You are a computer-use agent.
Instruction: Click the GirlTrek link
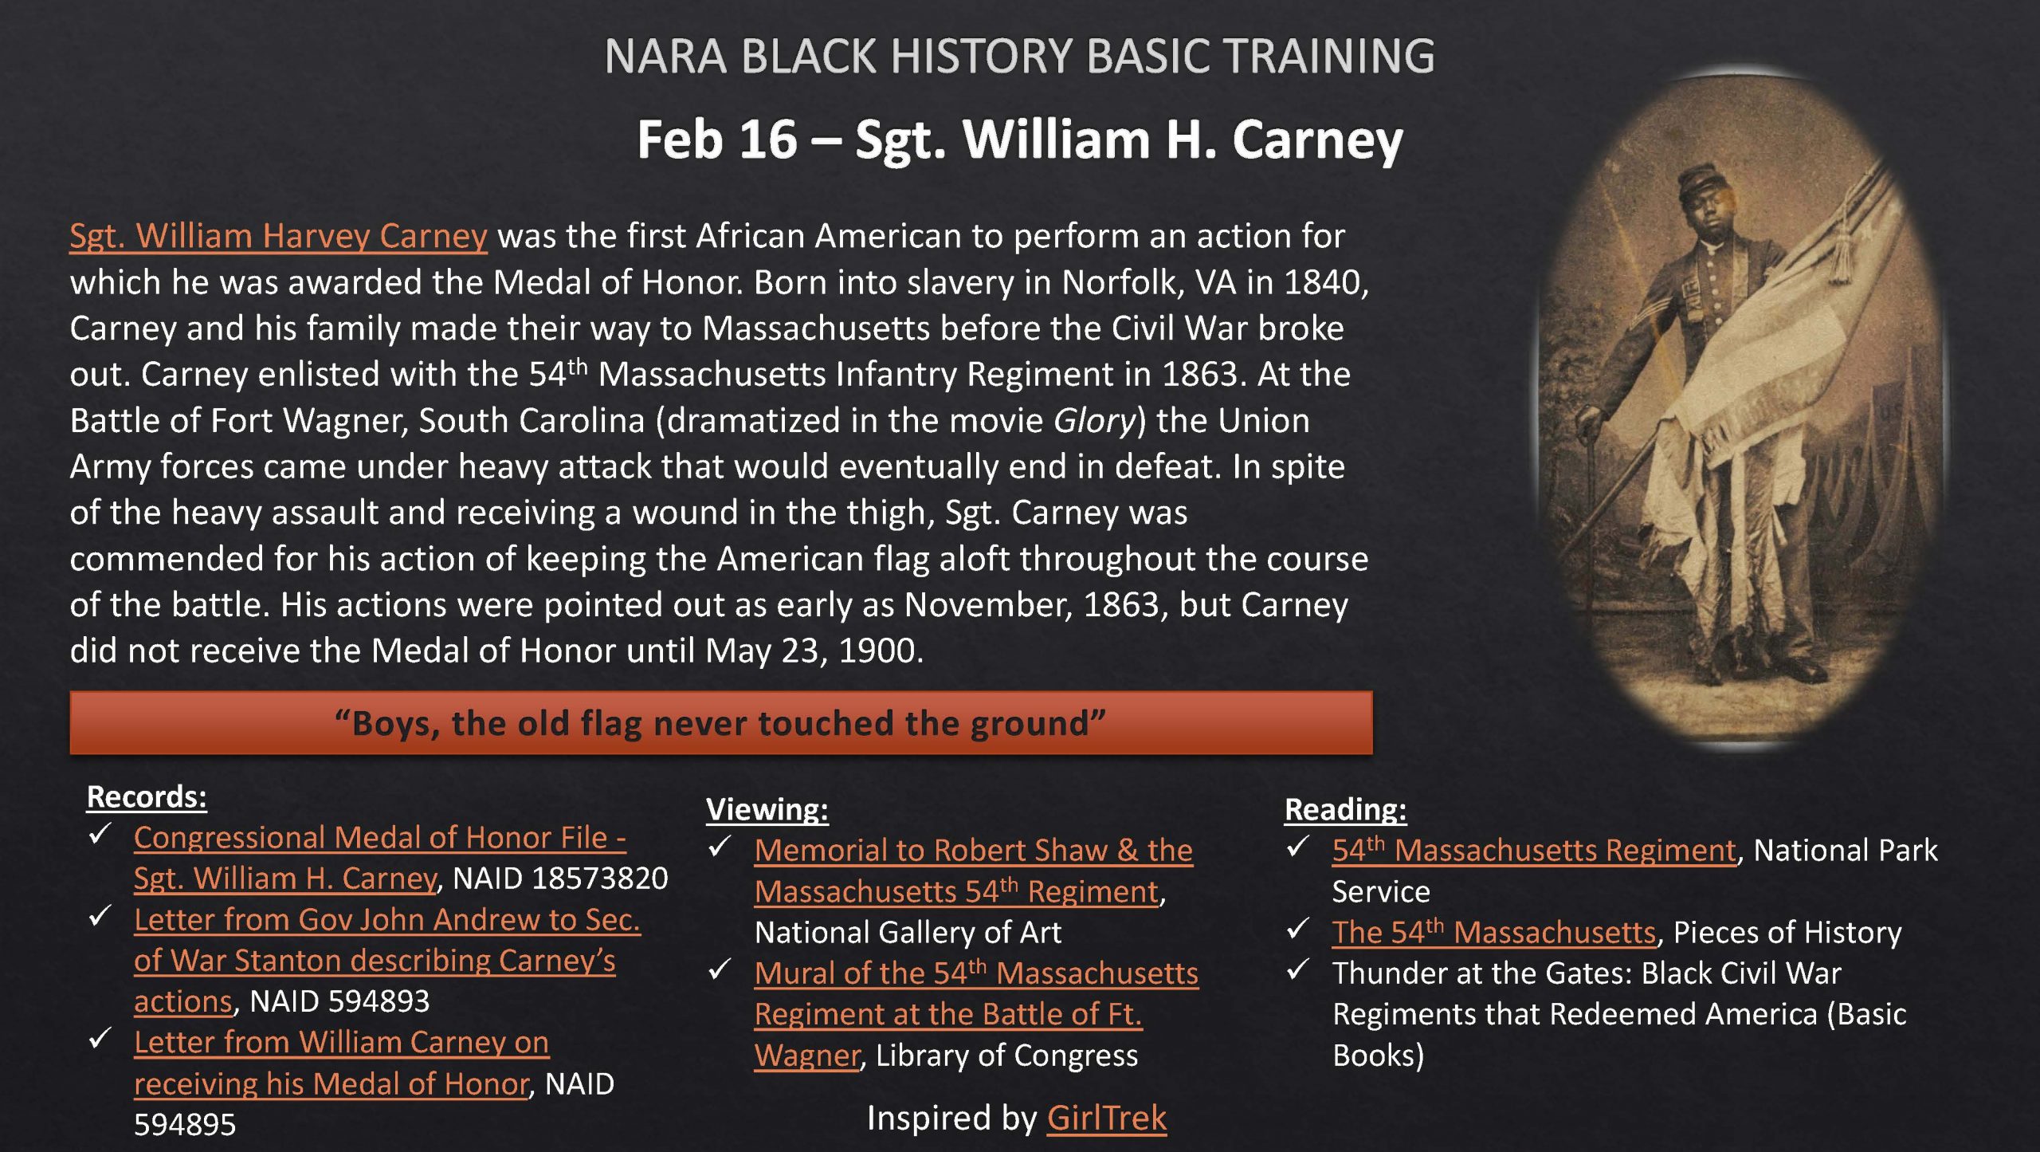[1106, 1118]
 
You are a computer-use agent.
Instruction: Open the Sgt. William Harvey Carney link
[278, 236]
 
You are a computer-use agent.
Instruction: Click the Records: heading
[147, 796]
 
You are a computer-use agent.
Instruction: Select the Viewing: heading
[767, 809]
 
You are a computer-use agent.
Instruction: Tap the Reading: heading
[1345, 809]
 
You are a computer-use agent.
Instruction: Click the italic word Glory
[1094, 420]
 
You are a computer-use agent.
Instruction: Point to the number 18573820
[600, 878]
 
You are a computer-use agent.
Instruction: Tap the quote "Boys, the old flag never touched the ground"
[720, 723]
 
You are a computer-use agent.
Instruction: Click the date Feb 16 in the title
[716, 140]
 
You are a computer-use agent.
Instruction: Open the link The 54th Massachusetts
[1493, 932]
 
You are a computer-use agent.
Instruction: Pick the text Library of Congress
[1006, 1055]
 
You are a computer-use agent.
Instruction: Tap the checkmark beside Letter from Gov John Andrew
[100, 916]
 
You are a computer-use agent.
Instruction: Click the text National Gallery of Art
[908, 932]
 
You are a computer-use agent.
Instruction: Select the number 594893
[379, 1001]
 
